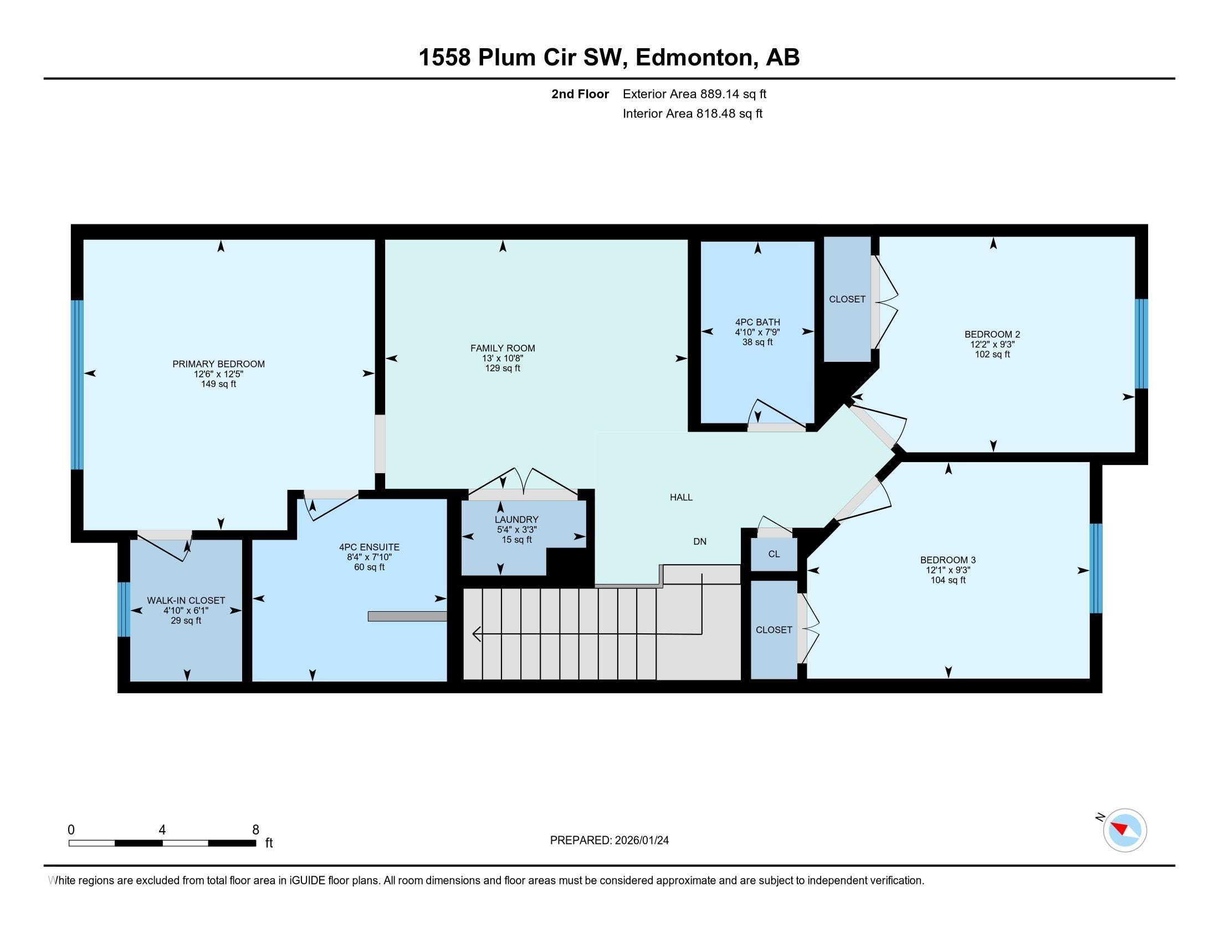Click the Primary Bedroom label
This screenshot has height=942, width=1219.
click(218, 364)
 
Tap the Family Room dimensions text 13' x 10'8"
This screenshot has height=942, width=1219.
click(503, 359)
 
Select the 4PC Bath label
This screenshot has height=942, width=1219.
click(757, 322)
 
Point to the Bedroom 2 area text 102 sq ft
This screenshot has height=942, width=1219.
click(992, 355)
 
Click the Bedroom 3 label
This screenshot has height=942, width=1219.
click(947, 560)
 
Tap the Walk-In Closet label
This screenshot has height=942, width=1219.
click(186, 601)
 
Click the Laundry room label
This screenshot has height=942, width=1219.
click(516, 520)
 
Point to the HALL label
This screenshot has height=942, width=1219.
click(681, 497)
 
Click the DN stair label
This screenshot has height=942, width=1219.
click(699, 541)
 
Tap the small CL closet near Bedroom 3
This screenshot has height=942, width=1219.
click(774, 554)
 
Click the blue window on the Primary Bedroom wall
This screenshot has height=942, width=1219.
click(77, 385)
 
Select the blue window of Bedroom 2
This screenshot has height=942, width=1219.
click(1142, 343)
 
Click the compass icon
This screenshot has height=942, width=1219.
click(1125, 831)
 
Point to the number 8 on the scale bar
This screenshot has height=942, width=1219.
click(255, 830)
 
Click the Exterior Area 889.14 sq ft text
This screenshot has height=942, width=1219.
click(694, 94)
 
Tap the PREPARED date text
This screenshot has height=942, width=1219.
click(609, 841)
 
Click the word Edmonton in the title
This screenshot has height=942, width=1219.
click(694, 58)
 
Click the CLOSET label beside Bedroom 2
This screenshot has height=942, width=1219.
click(847, 299)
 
